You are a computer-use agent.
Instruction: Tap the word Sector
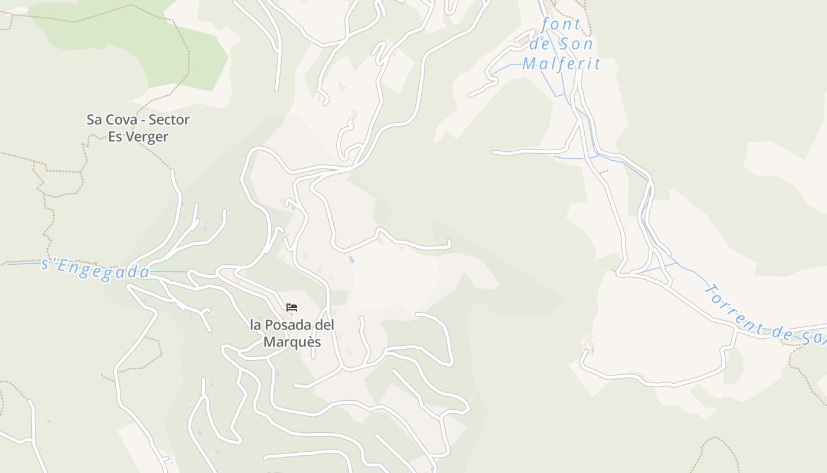coord(169,119)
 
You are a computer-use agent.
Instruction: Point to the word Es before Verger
coord(115,137)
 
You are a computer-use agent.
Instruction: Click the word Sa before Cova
coord(95,119)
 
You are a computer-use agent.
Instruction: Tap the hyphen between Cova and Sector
coord(142,120)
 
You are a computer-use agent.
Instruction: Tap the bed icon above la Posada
coord(292,307)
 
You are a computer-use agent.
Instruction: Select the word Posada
coord(286,325)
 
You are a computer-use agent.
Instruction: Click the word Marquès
coord(292,342)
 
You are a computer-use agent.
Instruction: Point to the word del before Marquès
coord(323,325)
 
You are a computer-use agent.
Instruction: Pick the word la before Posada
coord(255,325)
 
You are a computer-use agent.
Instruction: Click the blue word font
coord(561,25)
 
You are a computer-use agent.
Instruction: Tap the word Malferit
coord(561,63)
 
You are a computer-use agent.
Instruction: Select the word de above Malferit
coord(539,44)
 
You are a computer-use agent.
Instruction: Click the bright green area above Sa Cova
coord(136,41)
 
